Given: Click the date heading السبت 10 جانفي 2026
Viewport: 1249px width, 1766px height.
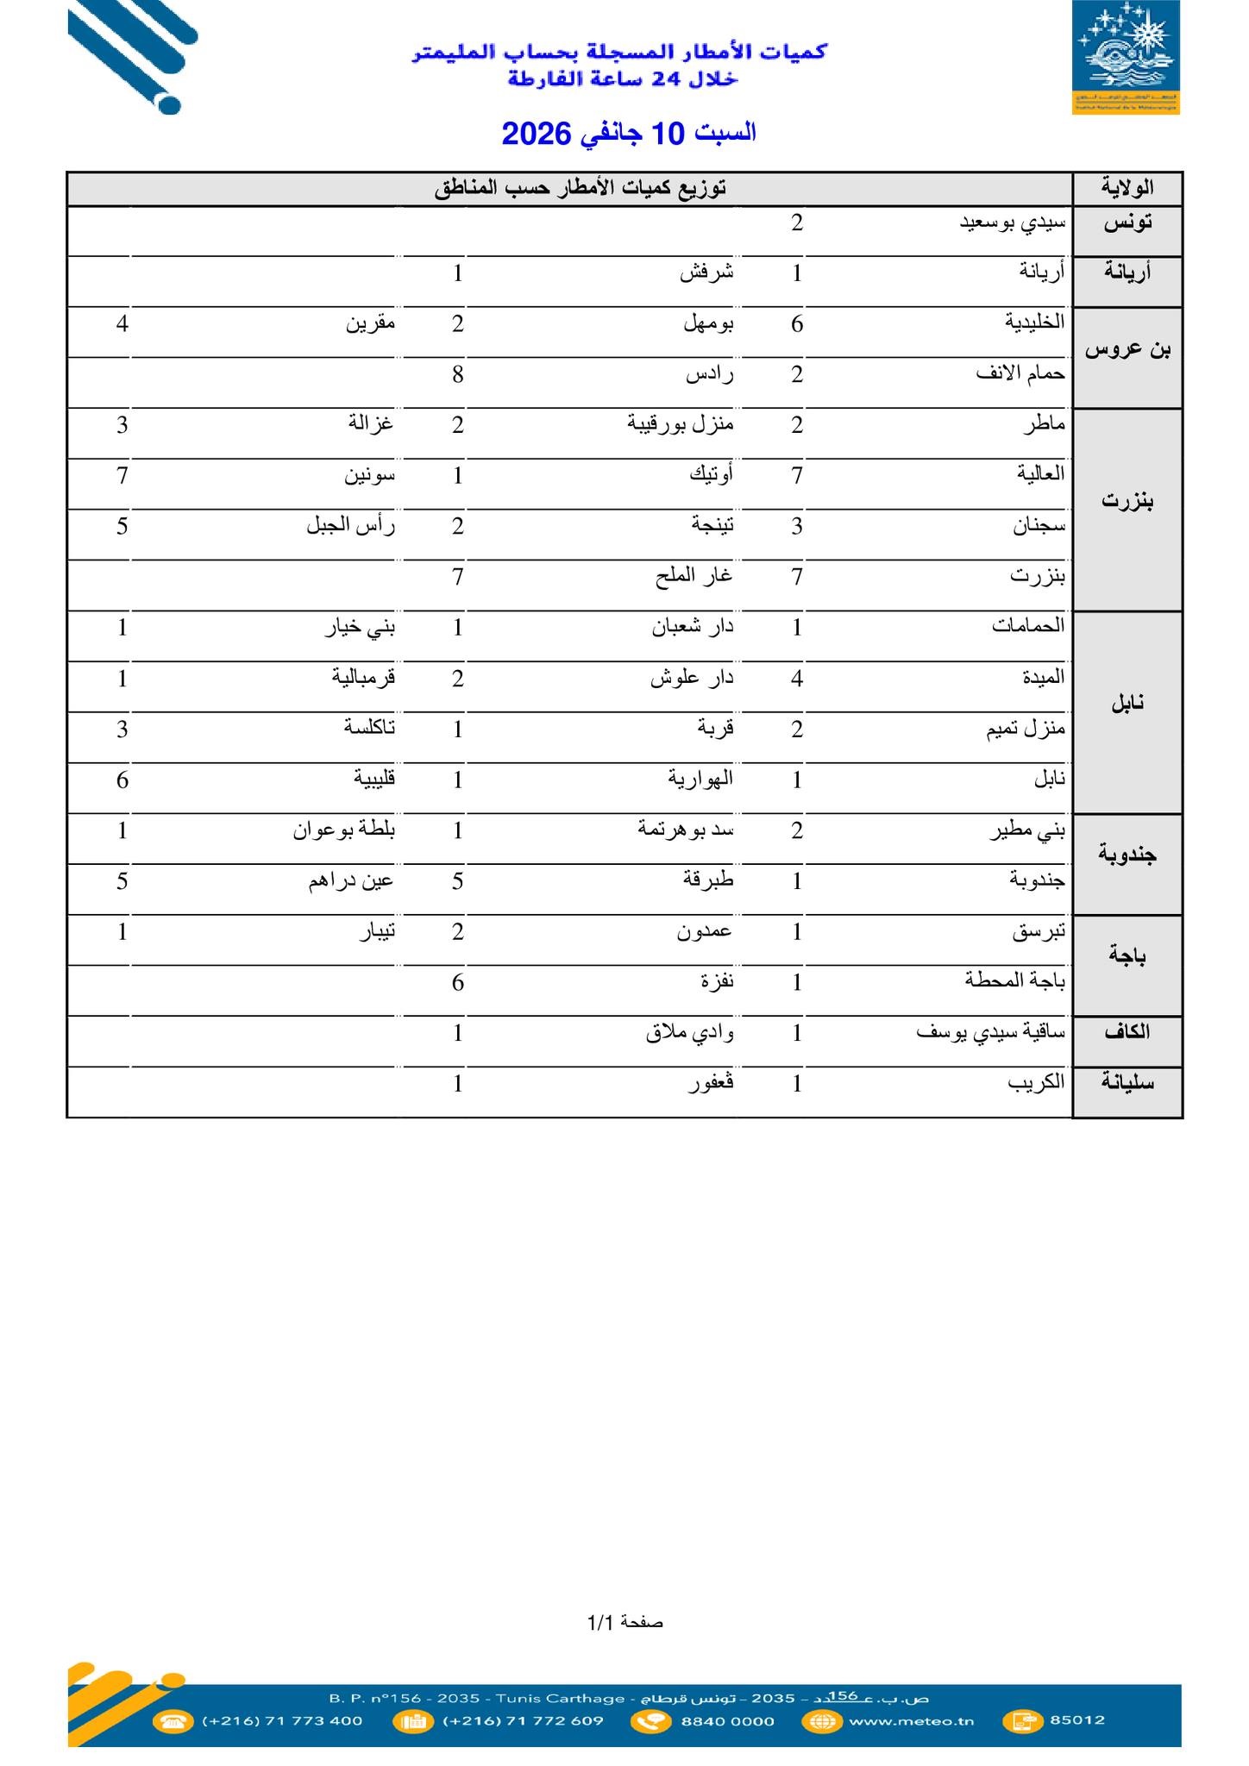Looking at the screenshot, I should point(629,134).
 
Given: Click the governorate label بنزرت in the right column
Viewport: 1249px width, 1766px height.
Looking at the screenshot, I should point(1127,501).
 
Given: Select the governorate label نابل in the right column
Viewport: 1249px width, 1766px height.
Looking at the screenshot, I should point(1127,703).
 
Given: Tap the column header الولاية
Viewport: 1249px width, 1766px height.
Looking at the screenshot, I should point(1127,188).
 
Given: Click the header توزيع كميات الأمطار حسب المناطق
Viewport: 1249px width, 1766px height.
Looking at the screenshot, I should point(580,188).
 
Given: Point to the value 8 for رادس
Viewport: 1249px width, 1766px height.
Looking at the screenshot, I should point(458,375).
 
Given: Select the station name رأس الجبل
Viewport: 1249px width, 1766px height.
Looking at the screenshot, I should point(350,526).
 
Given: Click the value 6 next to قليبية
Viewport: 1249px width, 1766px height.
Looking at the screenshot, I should point(122,780).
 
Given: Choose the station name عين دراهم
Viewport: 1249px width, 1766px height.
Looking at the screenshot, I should point(351,881).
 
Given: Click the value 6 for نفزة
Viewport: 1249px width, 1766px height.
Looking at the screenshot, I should point(458,982).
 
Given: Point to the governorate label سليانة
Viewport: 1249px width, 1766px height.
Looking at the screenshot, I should point(1127,1083).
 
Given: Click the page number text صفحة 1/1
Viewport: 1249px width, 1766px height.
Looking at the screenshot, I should point(625,1623).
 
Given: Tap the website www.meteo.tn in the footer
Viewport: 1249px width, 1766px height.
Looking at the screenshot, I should point(911,1721).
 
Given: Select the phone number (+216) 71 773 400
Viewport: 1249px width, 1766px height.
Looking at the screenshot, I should point(282,1721).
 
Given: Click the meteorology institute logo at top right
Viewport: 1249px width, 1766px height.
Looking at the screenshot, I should point(1126,58).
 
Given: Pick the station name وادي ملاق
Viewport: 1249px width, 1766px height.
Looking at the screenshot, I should point(689,1033).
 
